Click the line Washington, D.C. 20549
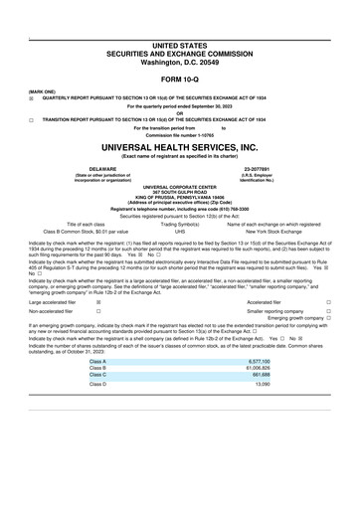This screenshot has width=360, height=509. pos(179,63)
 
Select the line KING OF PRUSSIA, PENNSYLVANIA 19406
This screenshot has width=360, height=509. pos(179,196)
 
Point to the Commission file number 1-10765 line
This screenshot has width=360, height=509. pos(179,134)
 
